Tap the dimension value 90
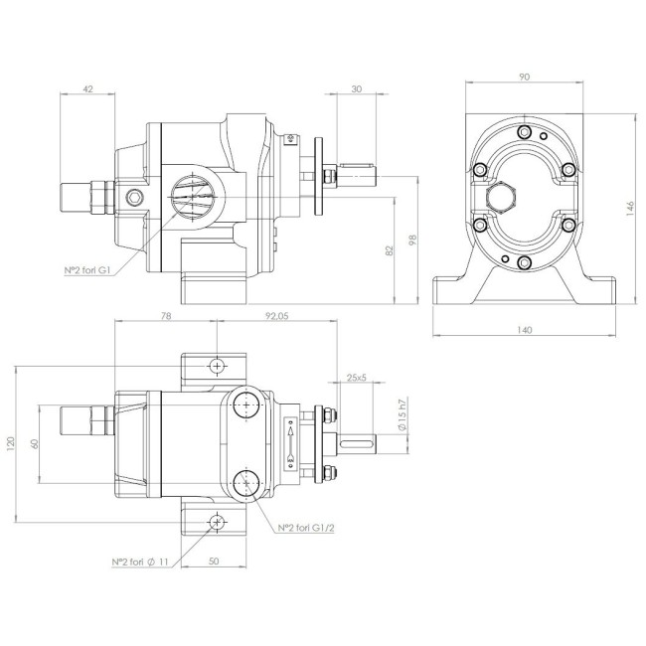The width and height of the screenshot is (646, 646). point(525,75)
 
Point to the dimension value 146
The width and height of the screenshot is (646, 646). point(629,208)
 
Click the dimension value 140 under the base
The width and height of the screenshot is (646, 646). point(526,329)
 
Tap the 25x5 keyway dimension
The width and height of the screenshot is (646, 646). point(357,378)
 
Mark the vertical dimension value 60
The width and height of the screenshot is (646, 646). point(34,444)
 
